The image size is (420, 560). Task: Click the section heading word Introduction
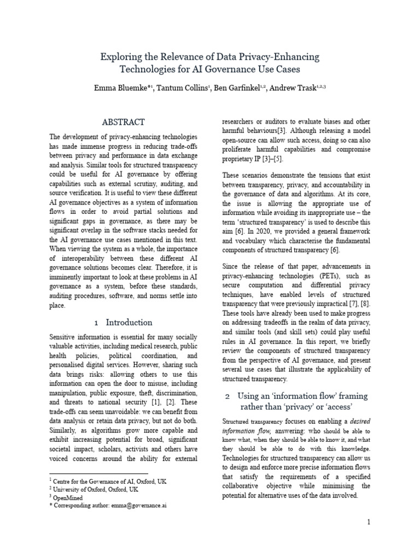click(129, 322)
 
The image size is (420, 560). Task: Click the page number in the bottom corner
click(369, 522)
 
